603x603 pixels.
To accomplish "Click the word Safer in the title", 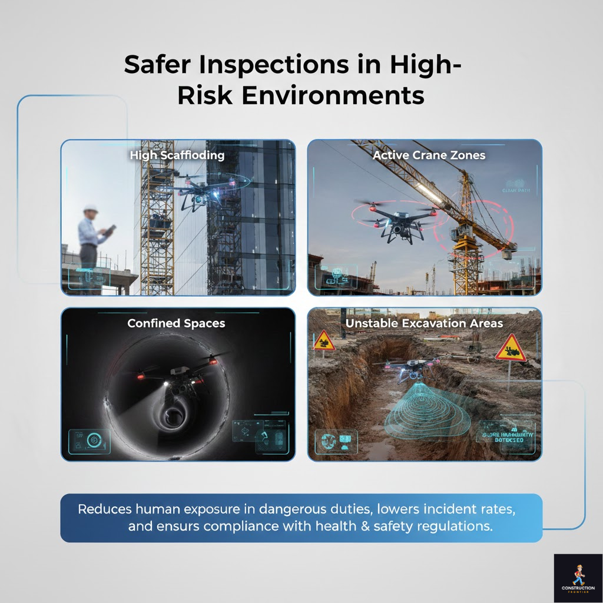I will [x=155, y=65].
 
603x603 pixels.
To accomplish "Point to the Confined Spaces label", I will [x=176, y=323].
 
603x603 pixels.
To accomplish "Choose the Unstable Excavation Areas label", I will [x=424, y=323].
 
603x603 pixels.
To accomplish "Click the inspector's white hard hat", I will [x=90, y=208].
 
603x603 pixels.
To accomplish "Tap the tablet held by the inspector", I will [x=110, y=230].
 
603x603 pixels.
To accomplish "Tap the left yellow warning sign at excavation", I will [x=324, y=341].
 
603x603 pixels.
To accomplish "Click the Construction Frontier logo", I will [x=578, y=578].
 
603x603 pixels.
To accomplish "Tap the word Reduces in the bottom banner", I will [x=104, y=509].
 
